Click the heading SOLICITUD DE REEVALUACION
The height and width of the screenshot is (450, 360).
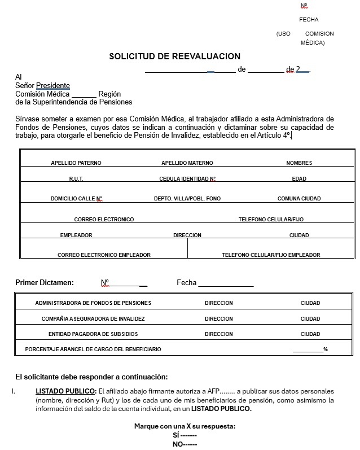pyautogui.click(x=174, y=56)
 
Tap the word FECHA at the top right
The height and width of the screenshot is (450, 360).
pyautogui.click(x=309, y=20)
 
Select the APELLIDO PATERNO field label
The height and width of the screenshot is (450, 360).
pyautogui.click(x=76, y=163)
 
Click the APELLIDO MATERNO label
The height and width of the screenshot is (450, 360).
pyautogui.click(x=187, y=163)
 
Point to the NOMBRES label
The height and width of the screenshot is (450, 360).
pyautogui.click(x=299, y=163)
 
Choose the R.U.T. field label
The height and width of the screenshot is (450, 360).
pyautogui.click(x=76, y=179)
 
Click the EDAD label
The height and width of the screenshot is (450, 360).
pyautogui.click(x=299, y=179)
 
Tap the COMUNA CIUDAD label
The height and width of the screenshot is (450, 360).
pyautogui.click(x=299, y=199)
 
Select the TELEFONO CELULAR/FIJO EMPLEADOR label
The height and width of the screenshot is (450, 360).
pyautogui.click(x=271, y=255)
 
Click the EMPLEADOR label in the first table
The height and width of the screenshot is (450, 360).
pyautogui.click(x=76, y=235)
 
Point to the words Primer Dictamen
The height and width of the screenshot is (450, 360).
pyautogui.click(x=45, y=283)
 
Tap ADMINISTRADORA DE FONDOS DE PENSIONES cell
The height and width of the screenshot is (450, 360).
pyautogui.click(x=93, y=303)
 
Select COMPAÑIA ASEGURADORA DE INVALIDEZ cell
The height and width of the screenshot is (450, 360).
pyautogui.click(x=93, y=319)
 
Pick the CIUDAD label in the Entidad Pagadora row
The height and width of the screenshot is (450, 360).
pyautogui.click(x=310, y=334)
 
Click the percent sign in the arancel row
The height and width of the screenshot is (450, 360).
pyautogui.click(x=326, y=349)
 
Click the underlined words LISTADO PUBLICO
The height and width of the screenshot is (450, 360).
pyautogui.click(x=65, y=391)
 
